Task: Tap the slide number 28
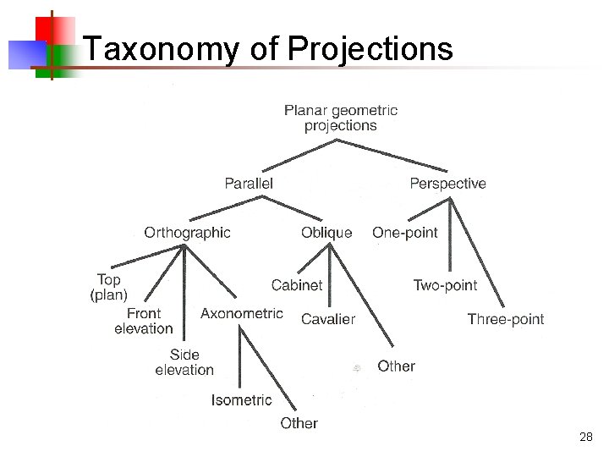click(x=586, y=437)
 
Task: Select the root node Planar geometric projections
click(x=341, y=118)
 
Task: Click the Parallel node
click(x=249, y=183)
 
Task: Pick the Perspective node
click(x=447, y=183)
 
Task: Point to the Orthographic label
click(x=187, y=232)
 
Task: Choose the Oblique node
click(x=326, y=233)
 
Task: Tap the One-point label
click(x=405, y=232)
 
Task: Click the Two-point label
click(x=445, y=285)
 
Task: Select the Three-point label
click(x=506, y=319)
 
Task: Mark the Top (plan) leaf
click(x=108, y=287)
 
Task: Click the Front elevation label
click(x=144, y=321)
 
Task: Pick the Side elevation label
click(x=184, y=361)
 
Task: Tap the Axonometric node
click(x=242, y=313)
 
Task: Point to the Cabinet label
click(x=297, y=285)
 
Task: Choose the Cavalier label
click(x=328, y=319)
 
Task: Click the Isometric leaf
click(x=242, y=399)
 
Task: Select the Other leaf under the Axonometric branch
click(x=299, y=422)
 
